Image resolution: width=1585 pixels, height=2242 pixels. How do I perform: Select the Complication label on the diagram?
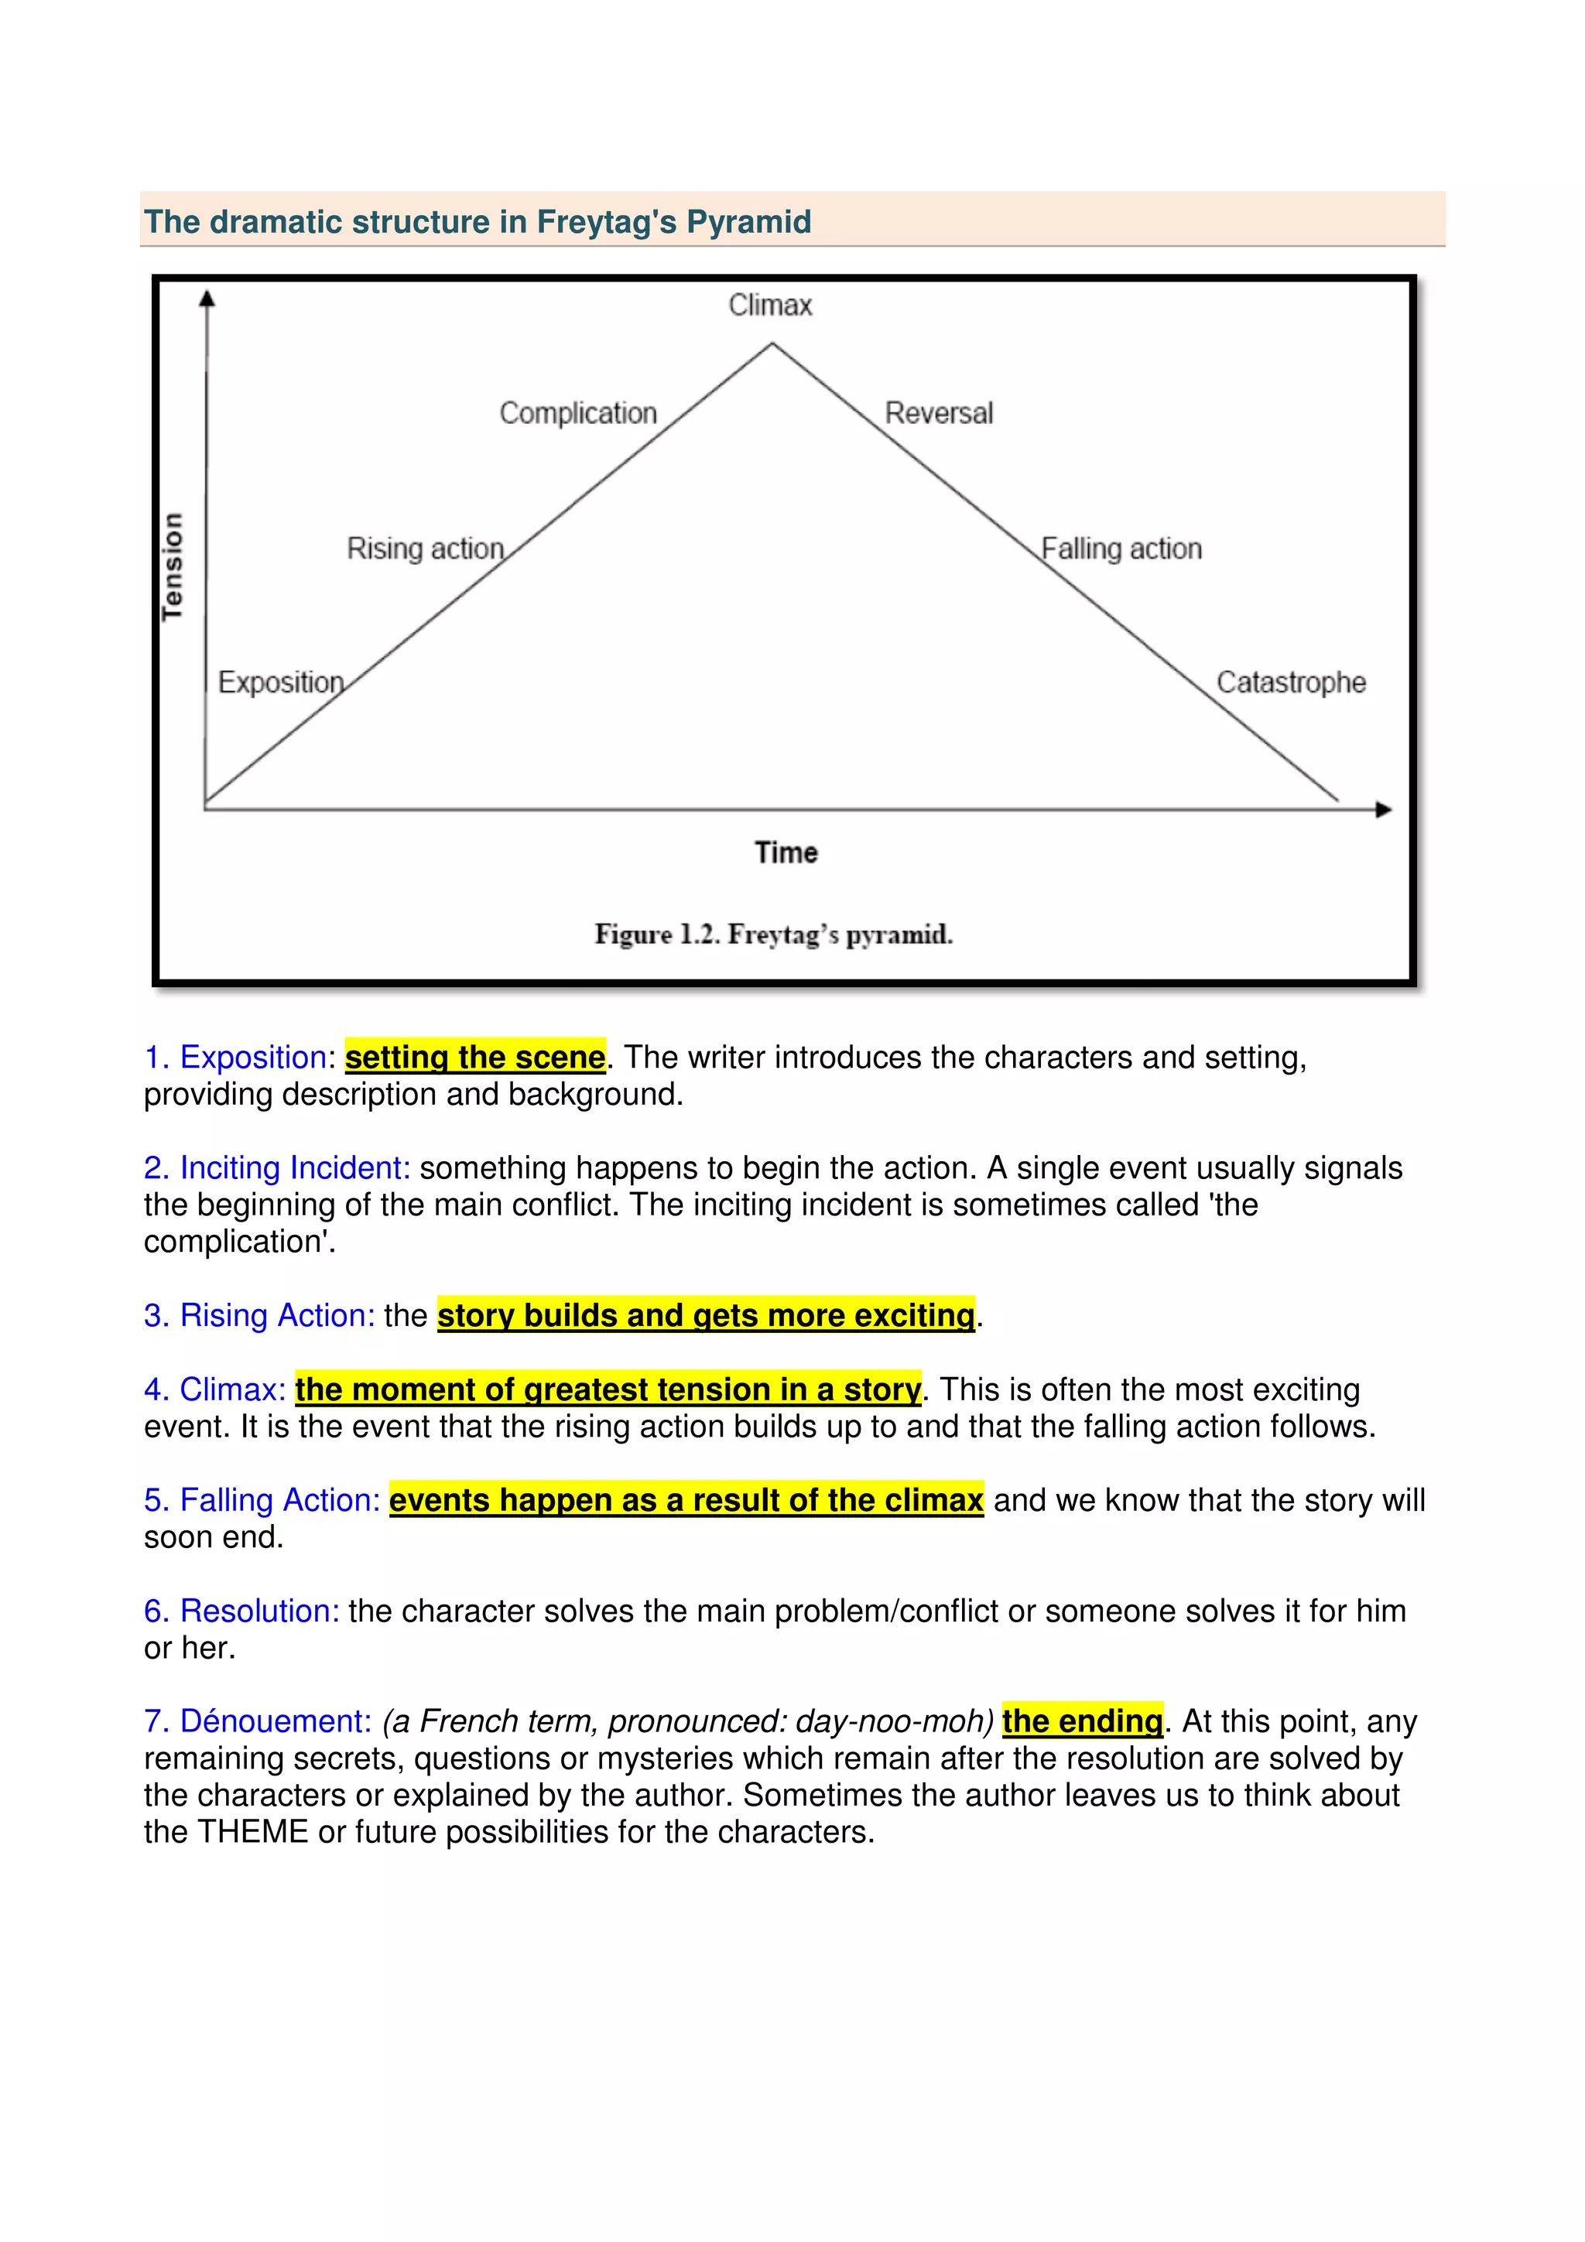pos(578,413)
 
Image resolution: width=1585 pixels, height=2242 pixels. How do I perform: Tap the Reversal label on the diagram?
pos(939,413)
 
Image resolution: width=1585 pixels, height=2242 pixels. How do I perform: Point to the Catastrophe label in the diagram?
pos(1290,682)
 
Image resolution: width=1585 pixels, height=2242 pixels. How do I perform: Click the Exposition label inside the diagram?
pos(281,682)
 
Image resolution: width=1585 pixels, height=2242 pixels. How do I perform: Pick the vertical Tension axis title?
pos(173,566)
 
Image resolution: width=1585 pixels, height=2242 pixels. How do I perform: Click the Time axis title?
pos(786,853)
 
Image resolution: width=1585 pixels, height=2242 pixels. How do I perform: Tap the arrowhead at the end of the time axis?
pos(1383,809)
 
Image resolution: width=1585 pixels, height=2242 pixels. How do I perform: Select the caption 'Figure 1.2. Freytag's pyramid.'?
pos(773,935)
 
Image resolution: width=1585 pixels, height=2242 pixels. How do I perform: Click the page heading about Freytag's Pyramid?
pos(478,222)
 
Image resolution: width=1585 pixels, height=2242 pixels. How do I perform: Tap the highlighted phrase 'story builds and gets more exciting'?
pos(706,1315)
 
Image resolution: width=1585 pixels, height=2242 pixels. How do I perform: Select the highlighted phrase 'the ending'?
pos(1082,1721)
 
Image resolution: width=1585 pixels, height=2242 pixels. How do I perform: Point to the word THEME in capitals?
pos(253,1832)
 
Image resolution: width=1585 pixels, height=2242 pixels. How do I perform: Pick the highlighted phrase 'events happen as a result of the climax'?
pos(686,1500)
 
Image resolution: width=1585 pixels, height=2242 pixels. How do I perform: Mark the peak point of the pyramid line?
pos(772,343)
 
